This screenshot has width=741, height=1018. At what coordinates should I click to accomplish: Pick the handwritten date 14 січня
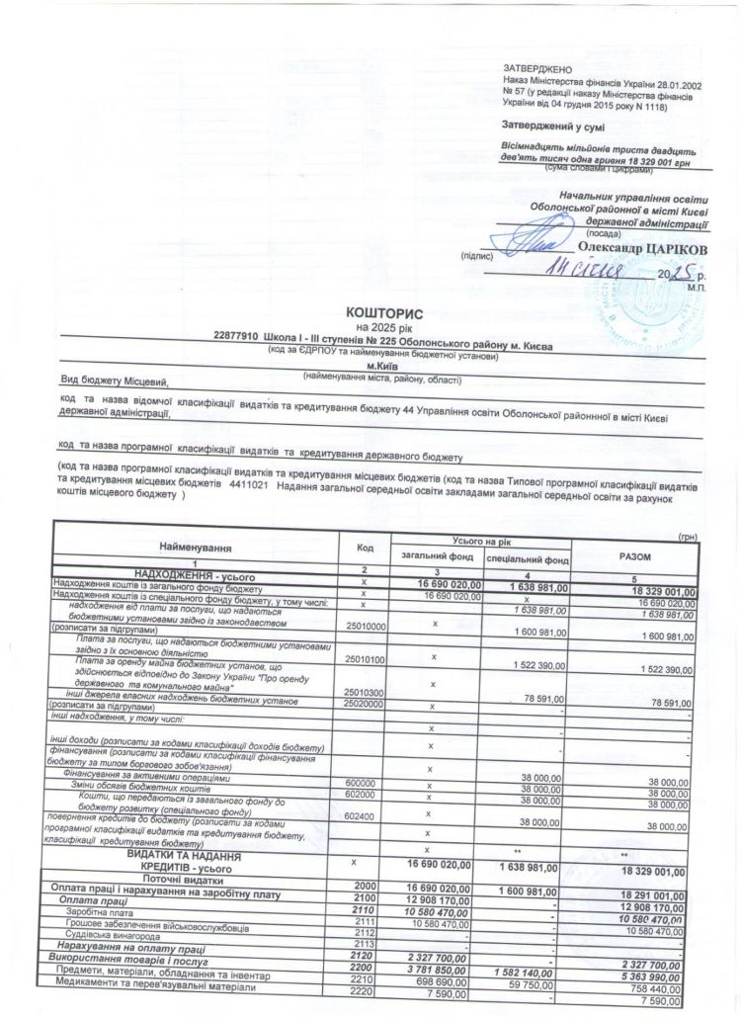point(589,268)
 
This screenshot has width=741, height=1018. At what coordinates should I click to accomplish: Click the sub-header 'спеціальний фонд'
point(527,559)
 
